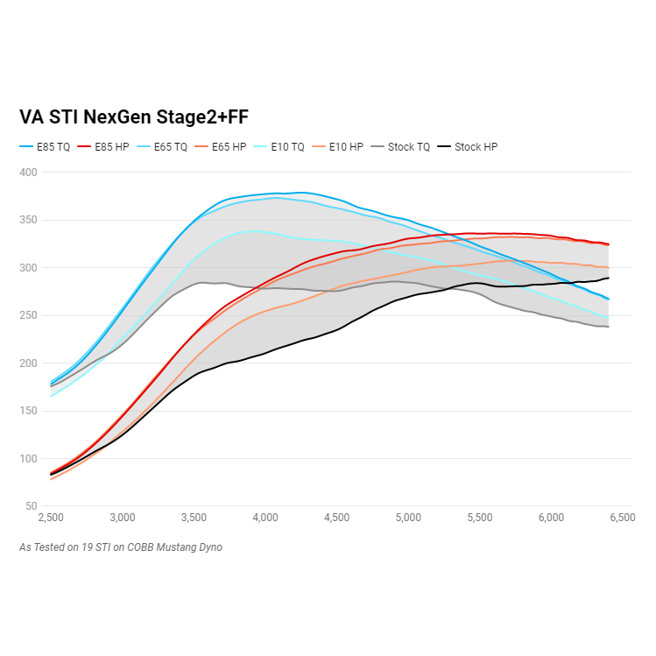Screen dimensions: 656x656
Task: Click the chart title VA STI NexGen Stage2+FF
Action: coord(140,117)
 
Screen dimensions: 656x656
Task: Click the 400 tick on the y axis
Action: coord(29,173)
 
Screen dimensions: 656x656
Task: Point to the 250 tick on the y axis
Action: coord(29,315)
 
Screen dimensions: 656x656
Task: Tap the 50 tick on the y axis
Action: coord(32,506)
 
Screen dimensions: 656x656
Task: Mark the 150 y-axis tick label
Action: coord(29,411)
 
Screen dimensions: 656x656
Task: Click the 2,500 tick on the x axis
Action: coord(51,518)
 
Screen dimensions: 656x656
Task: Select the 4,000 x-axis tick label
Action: coord(265,518)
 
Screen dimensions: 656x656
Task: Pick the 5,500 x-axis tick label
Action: coord(480,518)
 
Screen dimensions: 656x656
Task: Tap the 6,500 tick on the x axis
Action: coord(621,518)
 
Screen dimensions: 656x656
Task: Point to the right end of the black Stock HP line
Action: coord(609,278)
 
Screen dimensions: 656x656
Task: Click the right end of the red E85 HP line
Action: coord(609,244)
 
